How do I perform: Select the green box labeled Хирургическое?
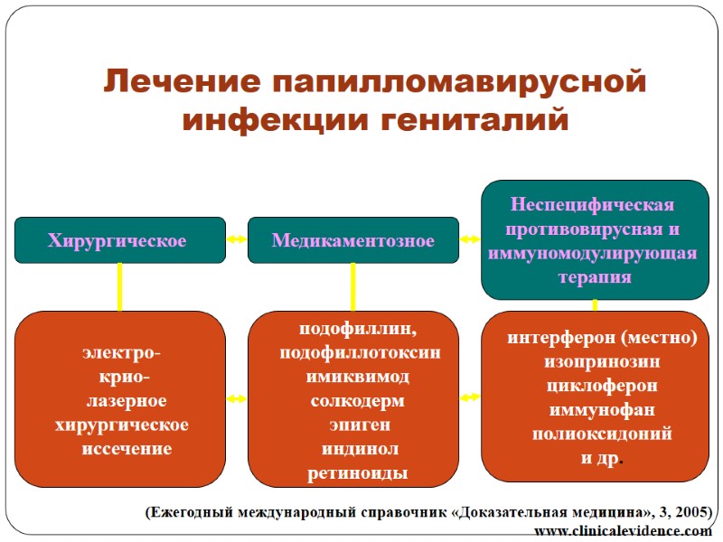(120, 240)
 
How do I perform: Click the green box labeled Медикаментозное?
(353, 240)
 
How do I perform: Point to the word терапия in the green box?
(594, 278)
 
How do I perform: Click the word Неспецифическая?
(593, 206)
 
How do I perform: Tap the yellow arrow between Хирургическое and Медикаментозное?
(237, 240)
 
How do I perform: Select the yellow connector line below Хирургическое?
(119, 287)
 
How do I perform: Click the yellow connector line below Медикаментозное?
(353, 287)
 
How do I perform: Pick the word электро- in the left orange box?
(120, 352)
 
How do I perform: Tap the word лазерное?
(126, 400)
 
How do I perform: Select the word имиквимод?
(357, 377)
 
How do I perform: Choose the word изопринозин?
(602, 361)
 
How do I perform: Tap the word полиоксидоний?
(602, 433)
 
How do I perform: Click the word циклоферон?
(602, 385)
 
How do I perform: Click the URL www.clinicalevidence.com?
(623, 531)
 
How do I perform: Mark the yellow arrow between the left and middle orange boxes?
(237, 397)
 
